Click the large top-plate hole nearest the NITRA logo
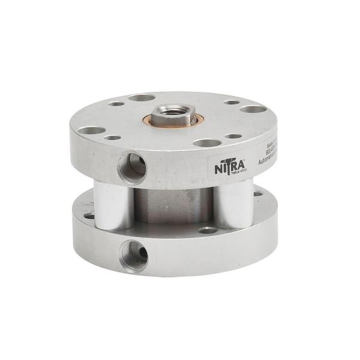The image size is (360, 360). click(206, 143)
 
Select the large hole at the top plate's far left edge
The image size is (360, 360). click(91, 130)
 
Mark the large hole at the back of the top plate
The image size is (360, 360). click(142, 97)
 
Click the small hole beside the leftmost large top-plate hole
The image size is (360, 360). click(113, 137)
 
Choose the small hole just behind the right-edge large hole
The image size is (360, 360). click(232, 102)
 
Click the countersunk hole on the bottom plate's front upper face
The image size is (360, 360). click(207, 229)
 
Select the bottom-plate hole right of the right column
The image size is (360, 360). click(258, 194)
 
